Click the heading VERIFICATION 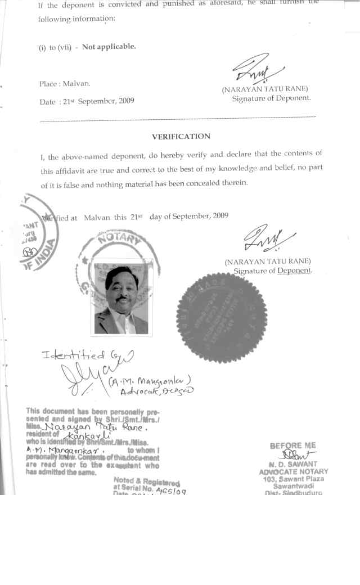(181, 137)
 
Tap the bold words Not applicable (109, 47)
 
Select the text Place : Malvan (65, 84)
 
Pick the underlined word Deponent (294, 271)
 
